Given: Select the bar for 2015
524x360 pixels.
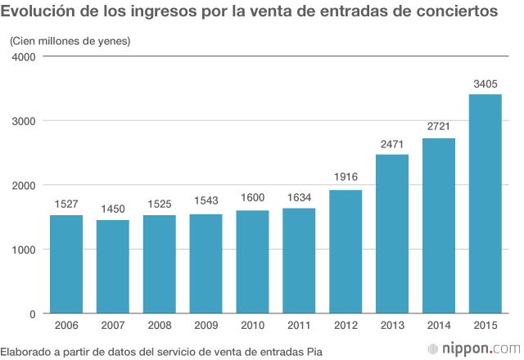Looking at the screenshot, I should click(x=485, y=204).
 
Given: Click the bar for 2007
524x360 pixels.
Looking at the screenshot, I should click(x=112, y=267).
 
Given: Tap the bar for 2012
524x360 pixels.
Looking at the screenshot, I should click(x=345, y=251).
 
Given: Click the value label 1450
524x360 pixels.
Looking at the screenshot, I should click(x=112, y=209).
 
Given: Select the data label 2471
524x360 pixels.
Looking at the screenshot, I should click(x=391, y=143).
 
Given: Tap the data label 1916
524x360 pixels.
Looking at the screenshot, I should click(x=345, y=178).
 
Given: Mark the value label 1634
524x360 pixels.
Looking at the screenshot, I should click(x=299, y=196).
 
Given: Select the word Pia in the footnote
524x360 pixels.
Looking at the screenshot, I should click(x=313, y=350).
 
